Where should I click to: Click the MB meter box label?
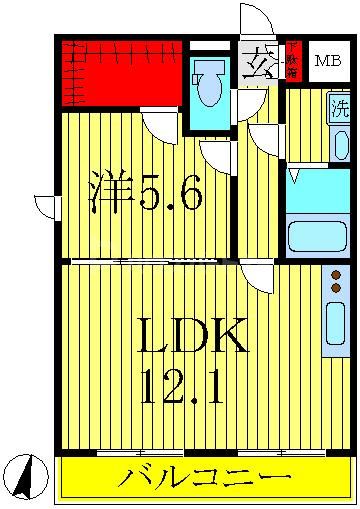coord(326,60)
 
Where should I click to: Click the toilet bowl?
coord(209,88)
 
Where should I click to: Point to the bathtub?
coord(315,237)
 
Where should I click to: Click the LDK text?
coord(191,339)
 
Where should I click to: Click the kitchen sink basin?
coord(335,323)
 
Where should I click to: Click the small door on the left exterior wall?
coord(46,206)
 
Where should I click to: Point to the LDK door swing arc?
coord(257,277)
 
